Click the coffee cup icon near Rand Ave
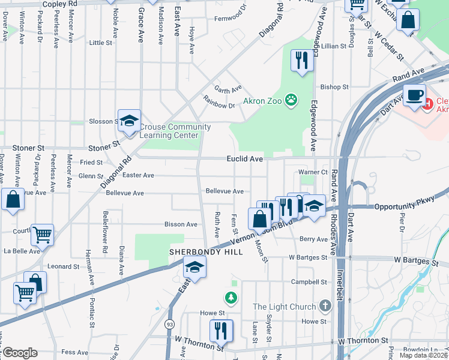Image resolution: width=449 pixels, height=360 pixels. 414,95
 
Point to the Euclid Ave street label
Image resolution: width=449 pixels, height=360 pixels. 244,159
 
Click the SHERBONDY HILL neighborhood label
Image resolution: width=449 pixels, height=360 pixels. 206,252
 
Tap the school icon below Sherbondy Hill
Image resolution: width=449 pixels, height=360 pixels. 194,267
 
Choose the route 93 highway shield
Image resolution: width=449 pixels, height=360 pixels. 170,325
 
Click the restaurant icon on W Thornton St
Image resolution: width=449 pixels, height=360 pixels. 221,329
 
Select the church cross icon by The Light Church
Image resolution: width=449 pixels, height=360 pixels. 325,307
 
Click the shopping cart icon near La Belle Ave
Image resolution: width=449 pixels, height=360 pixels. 42,235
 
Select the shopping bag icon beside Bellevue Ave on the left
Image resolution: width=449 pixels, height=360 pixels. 13,199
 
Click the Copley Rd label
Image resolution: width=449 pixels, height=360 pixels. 61,4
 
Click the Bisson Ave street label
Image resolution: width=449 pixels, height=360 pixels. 181,224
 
